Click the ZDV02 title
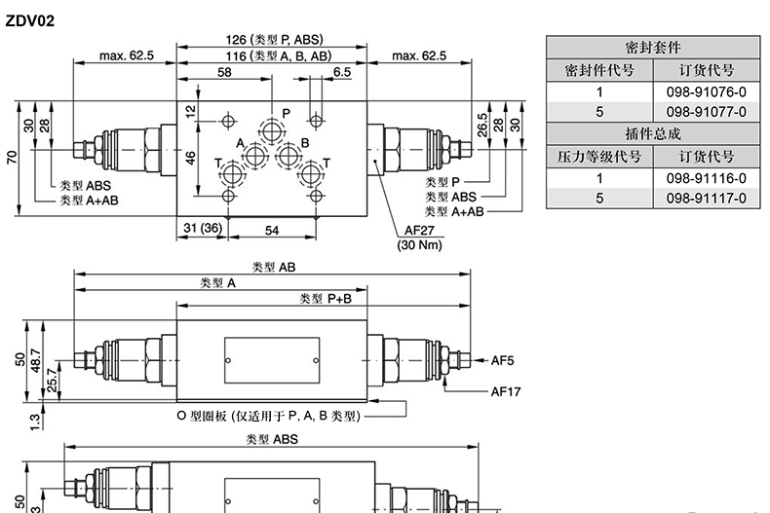coord(29,20)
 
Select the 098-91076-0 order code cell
coord(707,92)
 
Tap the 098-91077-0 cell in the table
coord(707,112)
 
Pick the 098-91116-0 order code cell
coord(707,178)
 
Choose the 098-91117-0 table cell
coord(707,199)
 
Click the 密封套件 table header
coord(653,48)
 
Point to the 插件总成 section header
coord(653,133)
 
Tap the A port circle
coord(254,156)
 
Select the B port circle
coord(289,156)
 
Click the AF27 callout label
coord(419,230)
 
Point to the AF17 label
coord(505,391)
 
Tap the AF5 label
coord(502,360)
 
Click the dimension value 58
coord(224,72)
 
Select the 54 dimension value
coord(272,230)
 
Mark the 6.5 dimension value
coord(342,72)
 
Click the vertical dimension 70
coord(12,158)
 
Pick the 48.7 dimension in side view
coord(35,360)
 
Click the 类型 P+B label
coord(326,298)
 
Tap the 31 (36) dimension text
coord(203,228)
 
